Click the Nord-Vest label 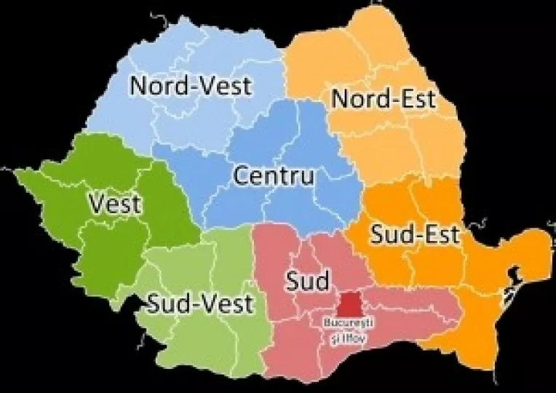(191, 86)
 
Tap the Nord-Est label (384, 98)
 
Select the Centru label (274, 176)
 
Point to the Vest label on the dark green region (115, 204)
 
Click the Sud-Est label (415, 234)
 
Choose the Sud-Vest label (201, 303)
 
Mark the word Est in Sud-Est (440, 234)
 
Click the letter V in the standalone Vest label (98, 204)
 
